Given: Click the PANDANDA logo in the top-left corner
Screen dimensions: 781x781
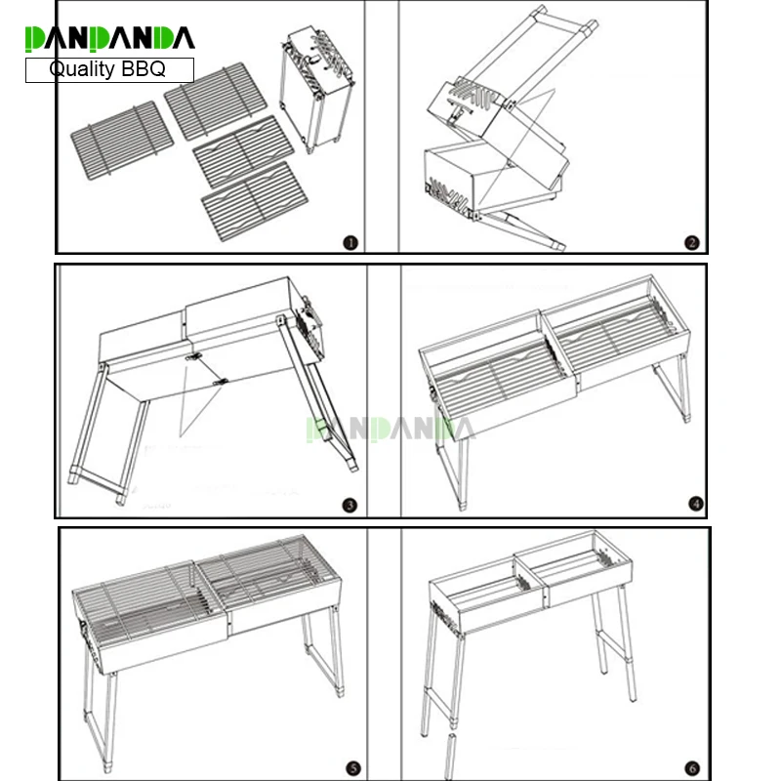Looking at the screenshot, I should click(x=109, y=38).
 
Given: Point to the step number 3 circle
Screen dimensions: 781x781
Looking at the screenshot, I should click(x=350, y=506).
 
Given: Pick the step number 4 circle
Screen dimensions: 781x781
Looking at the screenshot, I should click(x=695, y=504).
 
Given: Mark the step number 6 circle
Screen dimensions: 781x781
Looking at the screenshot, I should click(x=691, y=766).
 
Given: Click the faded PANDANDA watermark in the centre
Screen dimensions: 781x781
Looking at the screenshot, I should click(x=390, y=428).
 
